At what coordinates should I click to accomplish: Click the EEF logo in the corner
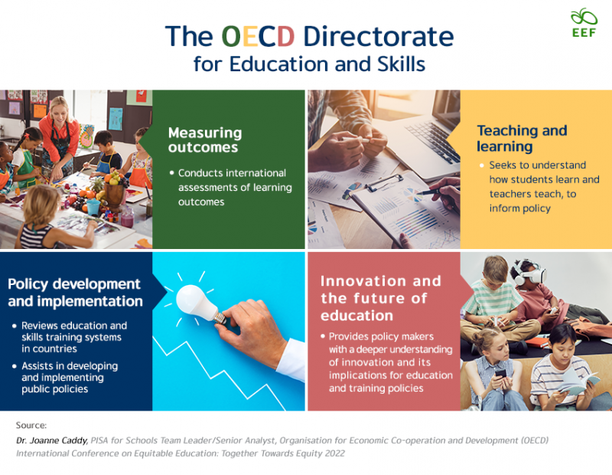(x=584, y=23)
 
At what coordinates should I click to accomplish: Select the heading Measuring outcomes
(x=204, y=139)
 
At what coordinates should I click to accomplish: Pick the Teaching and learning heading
(x=522, y=138)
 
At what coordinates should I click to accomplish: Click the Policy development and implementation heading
(x=75, y=293)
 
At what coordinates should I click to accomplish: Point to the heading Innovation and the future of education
(x=381, y=298)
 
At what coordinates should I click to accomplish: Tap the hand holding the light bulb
(x=252, y=331)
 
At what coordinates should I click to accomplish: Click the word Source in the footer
(x=31, y=424)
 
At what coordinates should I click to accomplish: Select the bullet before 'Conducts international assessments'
(x=171, y=173)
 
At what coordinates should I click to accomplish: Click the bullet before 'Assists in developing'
(x=15, y=366)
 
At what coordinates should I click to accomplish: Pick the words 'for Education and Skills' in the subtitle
(x=309, y=64)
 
